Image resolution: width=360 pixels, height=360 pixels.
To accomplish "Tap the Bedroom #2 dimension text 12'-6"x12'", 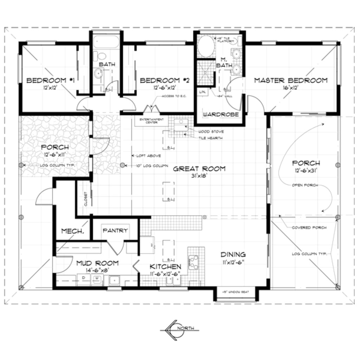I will point(165,88).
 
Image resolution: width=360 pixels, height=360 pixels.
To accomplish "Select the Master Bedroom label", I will point(290,81).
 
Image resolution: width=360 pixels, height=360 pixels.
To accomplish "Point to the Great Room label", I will point(199,169).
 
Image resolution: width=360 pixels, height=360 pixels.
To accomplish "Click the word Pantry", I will point(115,231).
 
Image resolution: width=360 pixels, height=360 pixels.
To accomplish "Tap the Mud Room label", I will point(97,263).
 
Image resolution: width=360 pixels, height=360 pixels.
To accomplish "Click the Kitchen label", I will point(166,266).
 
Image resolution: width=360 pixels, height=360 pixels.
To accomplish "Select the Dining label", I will point(233,254).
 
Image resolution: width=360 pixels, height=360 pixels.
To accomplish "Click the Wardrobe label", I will point(221,115).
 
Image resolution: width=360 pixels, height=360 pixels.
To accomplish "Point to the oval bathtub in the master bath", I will point(206,46).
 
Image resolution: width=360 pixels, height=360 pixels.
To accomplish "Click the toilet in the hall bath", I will point(102,56).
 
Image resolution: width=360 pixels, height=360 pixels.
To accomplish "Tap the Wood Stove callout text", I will point(211,131).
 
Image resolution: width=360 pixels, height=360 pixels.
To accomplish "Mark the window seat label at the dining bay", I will point(236,292).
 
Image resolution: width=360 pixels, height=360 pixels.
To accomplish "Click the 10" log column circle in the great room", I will point(122,165).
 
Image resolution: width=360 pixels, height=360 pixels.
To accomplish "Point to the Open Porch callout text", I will point(305,185).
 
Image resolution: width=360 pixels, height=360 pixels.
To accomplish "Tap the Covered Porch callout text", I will point(309,228).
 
